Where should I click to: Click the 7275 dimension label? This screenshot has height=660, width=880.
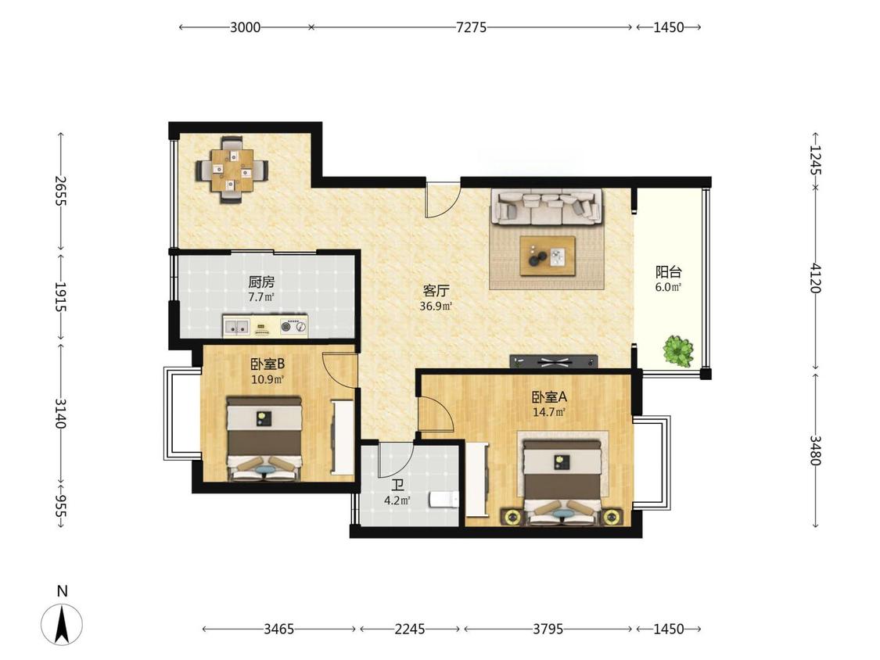[x=471, y=27]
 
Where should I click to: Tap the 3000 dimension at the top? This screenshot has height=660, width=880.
[x=246, y=27]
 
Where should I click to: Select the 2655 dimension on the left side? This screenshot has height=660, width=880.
[x=60, y=191]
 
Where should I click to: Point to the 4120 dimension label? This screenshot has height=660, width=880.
[x=815, y=278]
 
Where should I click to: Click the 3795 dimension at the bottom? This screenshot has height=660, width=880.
[x=548, y=630]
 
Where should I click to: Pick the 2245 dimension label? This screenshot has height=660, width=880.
[x=410, y=630]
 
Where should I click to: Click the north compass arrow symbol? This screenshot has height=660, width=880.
[x=62, y=623]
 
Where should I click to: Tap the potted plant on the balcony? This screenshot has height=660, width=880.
[x=678, y=351]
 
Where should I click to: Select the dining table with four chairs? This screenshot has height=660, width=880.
[x=232, y=169]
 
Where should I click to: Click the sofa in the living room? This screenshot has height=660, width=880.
[x=547, y=206]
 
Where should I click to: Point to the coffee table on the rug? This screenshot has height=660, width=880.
[x=548, y=256]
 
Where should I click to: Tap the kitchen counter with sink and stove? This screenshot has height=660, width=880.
[x=265, y=327]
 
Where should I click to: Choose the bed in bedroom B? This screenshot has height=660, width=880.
[x=264, y=439]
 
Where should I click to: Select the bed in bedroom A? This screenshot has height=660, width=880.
[x=563, y=482]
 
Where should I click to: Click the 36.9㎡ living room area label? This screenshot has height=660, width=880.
[x=436, y=307]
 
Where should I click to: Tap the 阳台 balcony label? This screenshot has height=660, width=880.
[x=669, y=272]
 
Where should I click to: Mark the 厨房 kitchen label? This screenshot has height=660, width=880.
[x=261, y=282]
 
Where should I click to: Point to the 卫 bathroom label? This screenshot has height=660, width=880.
[x=397, y=485]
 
